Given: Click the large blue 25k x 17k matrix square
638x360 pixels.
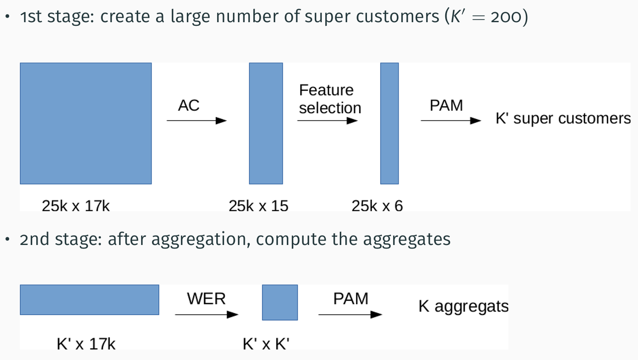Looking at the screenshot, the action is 86,124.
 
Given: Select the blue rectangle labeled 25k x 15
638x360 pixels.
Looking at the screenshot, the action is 266,124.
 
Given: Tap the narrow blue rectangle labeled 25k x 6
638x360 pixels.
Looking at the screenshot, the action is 389,124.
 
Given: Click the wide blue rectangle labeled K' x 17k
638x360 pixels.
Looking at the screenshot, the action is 90,300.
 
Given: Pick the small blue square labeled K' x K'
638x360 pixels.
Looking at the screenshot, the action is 280,302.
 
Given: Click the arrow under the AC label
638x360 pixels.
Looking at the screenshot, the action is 196,121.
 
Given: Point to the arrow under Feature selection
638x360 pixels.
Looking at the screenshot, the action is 327,121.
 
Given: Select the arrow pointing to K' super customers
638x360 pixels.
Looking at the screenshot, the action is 451,121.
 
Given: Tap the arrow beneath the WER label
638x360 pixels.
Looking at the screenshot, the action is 207,315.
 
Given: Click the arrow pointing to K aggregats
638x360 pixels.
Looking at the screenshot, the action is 350,315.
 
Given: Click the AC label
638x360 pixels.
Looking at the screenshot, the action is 189,106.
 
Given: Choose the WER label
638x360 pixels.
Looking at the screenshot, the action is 206,299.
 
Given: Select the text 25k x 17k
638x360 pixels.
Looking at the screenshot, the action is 76,206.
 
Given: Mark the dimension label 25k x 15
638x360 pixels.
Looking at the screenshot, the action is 258,206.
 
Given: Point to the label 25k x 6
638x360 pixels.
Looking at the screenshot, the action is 377,206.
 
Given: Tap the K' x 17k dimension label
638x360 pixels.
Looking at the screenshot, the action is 86,344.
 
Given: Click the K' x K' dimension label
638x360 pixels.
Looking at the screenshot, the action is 266,344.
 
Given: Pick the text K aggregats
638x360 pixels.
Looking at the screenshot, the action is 463,307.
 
